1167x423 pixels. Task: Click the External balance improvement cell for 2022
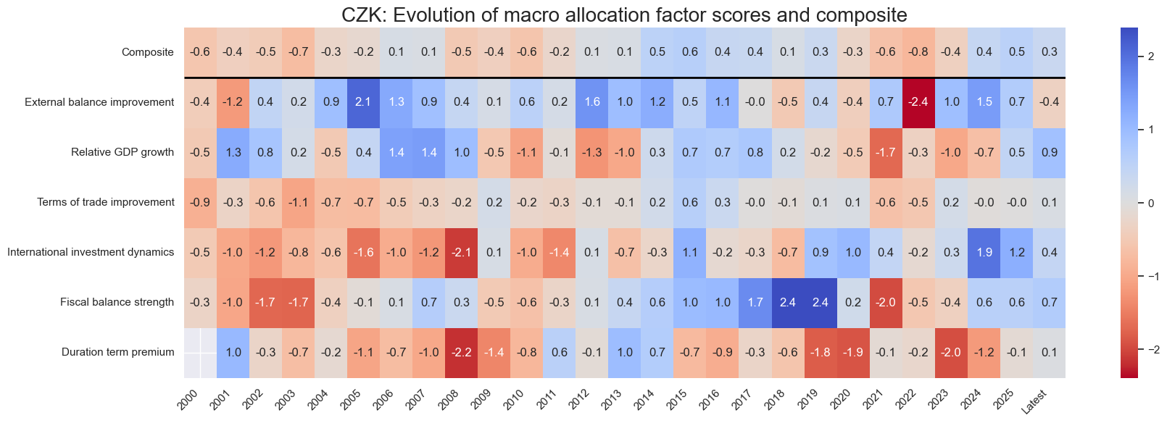pos(918,102)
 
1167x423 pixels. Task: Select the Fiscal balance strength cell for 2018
pos(788,302)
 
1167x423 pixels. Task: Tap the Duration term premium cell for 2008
pos(462,353)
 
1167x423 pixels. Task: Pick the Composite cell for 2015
pos(690,52)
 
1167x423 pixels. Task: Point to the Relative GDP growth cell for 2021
pos(886,152)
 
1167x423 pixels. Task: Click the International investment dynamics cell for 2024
pos(984,252)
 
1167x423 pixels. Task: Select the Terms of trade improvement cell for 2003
pos(298,202)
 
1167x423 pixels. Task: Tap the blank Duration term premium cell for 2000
pos(200,353)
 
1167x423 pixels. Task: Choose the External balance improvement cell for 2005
pos(363,102)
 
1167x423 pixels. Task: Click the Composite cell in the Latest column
pos(1049,52)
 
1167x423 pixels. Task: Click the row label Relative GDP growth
pos(122,152)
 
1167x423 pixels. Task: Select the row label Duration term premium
pos(117,353)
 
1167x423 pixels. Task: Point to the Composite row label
pos(148,52)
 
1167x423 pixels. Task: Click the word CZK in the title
pos(352,15)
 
